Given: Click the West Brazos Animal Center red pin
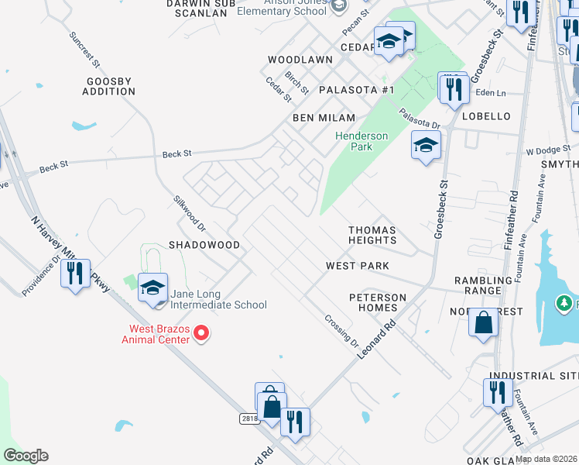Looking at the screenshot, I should tap(201, 334).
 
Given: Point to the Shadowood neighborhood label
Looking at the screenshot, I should tap(204, 245).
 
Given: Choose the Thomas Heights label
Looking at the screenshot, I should tap(372, 235).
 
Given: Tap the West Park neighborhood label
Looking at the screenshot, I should tap(357, 266).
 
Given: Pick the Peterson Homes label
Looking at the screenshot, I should tap(378, 302).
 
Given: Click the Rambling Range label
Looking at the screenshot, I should tap(484, 285).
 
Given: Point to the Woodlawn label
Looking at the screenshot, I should tap(300, 60).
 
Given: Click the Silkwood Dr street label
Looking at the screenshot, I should tap(189, 212).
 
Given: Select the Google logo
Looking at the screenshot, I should tap(26, 456).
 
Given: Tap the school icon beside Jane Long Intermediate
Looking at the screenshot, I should tap(153, 288).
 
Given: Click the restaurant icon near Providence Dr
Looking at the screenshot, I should tap(75, 274).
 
